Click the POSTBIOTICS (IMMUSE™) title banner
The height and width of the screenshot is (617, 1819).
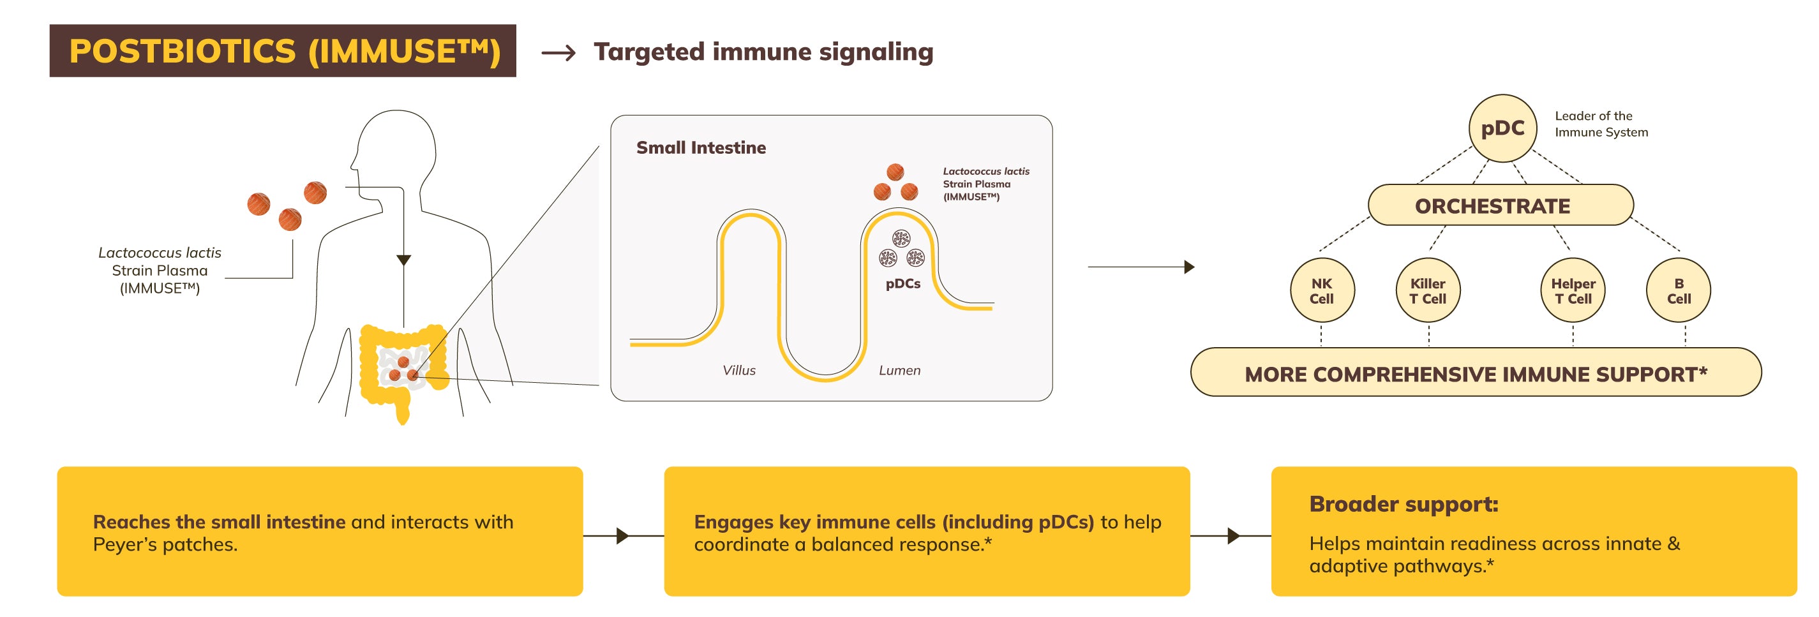pyautogui.click(x=283, y=51)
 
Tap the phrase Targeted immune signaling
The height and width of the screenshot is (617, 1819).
pyautogui.click(x=763, y=52)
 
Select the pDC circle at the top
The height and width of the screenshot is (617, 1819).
pyautogui.click(x=1502, y=128)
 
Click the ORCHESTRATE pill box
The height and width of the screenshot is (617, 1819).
pyautogui.click(x=1500, y=205)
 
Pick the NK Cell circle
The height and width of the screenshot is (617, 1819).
pyautogui.click(x=1321, y=290)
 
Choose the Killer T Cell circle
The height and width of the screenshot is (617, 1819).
pyautogui.click(x=1428, y=290)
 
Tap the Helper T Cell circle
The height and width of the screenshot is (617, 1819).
pyautogui.click(x=1573, y=290)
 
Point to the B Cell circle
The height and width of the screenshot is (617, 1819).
pyautogui.click(x=1679, y=290)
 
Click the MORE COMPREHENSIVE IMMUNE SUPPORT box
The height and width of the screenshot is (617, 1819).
pyautogui.click(x=1475, y=373)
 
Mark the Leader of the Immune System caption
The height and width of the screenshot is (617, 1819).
pyautogui.click(x=1601, y=124)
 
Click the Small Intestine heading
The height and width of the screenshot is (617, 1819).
pyautogui.click(x=701, y=147)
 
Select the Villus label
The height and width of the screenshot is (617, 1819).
pyautogui.click(x=738, y=370)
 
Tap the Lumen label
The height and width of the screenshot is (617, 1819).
pyautogui.click(x=899, y=370)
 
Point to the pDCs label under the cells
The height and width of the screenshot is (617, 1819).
pyautogui.click(x=902, y=284)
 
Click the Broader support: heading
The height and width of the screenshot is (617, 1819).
pyautogui.click(x=1403, y=503)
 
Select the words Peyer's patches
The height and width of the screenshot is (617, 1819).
pyautogui.click(x=165, y=544)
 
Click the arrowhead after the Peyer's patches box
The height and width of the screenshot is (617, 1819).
pyautogui.click(x=622, y=536)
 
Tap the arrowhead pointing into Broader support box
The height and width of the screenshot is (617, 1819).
pyautogui.click(x=1233, y=536)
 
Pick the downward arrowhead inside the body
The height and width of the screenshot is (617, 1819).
pyautogui.click(x=403, y=260)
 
